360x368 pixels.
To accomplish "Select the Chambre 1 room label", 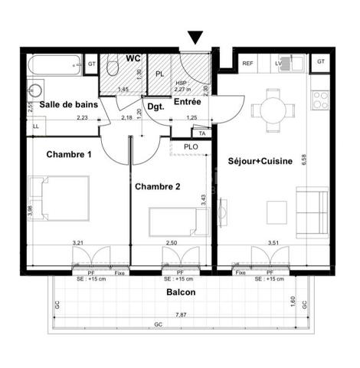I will point(69,155).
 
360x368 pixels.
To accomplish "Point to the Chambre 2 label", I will point(157,186).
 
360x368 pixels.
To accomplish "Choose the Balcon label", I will point(180,293).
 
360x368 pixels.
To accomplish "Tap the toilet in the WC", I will point(113,68).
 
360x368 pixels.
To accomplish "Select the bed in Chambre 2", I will point(178,222).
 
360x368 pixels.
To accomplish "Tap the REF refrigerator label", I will point(248,64).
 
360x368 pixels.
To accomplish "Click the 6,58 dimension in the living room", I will point(303,159).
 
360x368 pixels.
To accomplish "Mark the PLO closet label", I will point(191,146).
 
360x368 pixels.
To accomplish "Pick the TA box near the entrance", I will point(202,132).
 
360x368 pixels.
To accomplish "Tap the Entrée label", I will point(187,101).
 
